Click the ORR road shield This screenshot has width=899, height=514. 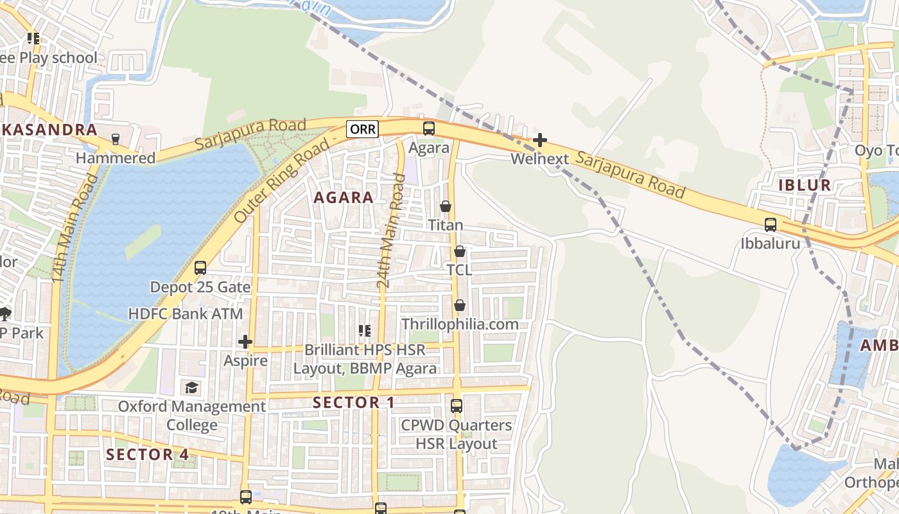362,128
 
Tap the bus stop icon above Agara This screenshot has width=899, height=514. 429,128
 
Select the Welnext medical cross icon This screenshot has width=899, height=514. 540,139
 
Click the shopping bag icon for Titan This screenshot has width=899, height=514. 446,206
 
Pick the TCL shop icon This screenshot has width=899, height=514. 459,251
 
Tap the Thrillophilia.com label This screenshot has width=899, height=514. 460,324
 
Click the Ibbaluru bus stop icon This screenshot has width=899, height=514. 770,225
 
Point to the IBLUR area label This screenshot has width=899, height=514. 805,185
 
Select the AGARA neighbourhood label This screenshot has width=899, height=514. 344,197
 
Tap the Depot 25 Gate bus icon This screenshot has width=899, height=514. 200,267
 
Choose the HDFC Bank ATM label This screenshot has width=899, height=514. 186,314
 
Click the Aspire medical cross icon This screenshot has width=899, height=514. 245,342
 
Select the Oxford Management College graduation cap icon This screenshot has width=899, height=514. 191,387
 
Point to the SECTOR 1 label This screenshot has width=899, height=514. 353,403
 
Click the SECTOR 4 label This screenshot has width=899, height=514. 148,454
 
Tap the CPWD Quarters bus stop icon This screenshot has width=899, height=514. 457,406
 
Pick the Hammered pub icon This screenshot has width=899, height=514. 116,139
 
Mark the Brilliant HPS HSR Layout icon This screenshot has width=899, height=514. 364,331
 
